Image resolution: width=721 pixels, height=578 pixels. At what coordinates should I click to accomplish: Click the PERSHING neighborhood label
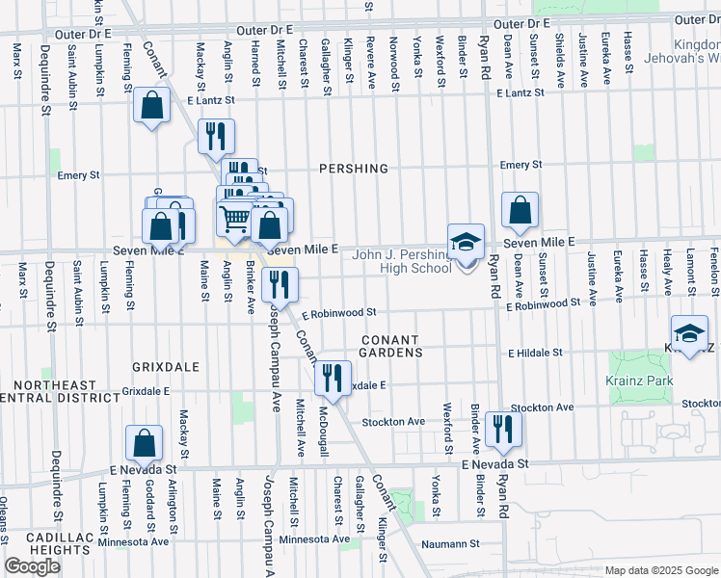354,169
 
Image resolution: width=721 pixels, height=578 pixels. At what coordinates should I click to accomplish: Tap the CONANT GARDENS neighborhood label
392,347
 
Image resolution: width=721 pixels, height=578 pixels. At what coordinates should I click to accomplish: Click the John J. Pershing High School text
402,261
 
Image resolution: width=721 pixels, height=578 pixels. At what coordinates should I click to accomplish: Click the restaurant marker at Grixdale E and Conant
334,379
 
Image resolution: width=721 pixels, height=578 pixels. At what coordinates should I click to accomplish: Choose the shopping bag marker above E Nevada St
144,443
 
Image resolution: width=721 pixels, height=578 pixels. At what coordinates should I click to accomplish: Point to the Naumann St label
450,544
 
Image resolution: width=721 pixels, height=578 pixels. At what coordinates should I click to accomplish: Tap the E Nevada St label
495,463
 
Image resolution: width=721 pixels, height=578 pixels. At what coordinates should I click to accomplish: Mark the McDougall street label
325,429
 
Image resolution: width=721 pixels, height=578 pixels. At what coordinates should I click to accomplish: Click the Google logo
32,566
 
